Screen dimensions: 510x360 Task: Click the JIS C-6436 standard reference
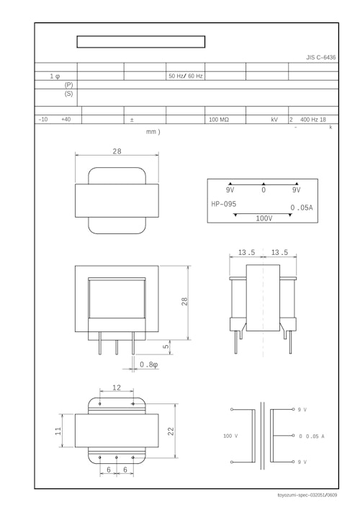[x=320, y=57]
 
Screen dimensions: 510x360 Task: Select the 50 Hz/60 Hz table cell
[x=186, y=76]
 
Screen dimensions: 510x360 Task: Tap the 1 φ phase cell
[x=55, y=76]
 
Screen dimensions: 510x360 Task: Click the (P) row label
[x=68, y=85]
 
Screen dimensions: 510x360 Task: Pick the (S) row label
[x=68, y=94]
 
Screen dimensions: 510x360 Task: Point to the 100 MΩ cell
[x=219, y=120]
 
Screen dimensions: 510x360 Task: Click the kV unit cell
[x=274, y=120]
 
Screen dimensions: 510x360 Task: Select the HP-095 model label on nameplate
[x=224, y=204]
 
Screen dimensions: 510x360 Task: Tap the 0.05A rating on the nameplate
[x=301, y=207]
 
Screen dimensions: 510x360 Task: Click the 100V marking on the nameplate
[x=264, y=218]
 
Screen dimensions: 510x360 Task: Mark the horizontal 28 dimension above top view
[x=117, y=151]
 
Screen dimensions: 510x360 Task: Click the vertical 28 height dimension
[x=185, y=302]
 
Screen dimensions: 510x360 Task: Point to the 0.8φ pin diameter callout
[x=149, y=365]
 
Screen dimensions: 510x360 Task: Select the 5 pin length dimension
[x=166, y=347]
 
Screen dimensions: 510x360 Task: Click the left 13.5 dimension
[x=247, y=253]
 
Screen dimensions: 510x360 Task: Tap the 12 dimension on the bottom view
[x=117, y=388]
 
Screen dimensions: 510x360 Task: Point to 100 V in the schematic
[x=230, y=436]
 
